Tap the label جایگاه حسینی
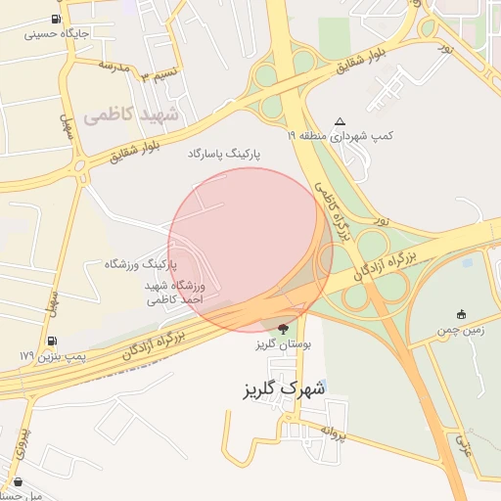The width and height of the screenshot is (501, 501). tap(56, 33)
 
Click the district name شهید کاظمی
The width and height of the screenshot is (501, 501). tap(131, 115)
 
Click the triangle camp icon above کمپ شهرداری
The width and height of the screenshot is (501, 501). tap(340, 121)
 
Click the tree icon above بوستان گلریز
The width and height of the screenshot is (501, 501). tap(284, 328)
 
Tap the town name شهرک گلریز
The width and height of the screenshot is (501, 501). tap(283, 389)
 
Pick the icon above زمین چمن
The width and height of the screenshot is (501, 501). tap(460, 314)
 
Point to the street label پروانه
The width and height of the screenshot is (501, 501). tap(334, 431)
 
